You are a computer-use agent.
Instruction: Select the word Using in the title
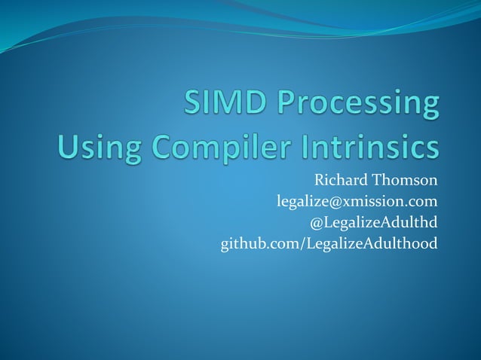click(x=92, y=145)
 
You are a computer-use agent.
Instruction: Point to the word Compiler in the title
click(x=215, y=145)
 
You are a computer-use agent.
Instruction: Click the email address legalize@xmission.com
click(x=357, y=202)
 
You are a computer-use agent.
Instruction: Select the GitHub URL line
click(x=329, y=244)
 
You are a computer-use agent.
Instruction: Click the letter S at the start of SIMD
click(x=195, y=104)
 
